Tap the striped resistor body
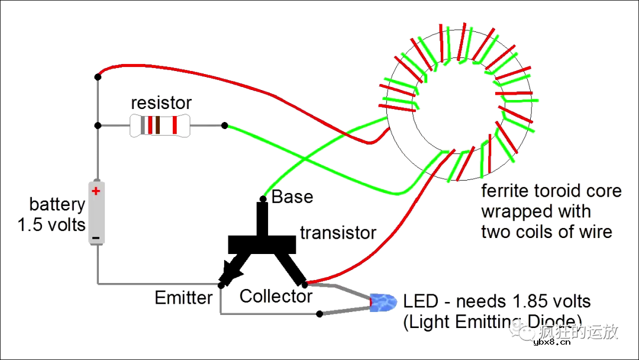point(160,126)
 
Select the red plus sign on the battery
point(96,191)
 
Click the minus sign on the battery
point(96,239)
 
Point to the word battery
point(57,205)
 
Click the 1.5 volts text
point(52,225)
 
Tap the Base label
point(292,197)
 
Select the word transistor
point(338,233)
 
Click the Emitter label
point(183,297)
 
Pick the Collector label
point(276,296)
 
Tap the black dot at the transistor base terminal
point(263,198)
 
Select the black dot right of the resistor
point(225,125)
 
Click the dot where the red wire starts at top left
point(98,76)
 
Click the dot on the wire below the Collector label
point(320,313)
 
